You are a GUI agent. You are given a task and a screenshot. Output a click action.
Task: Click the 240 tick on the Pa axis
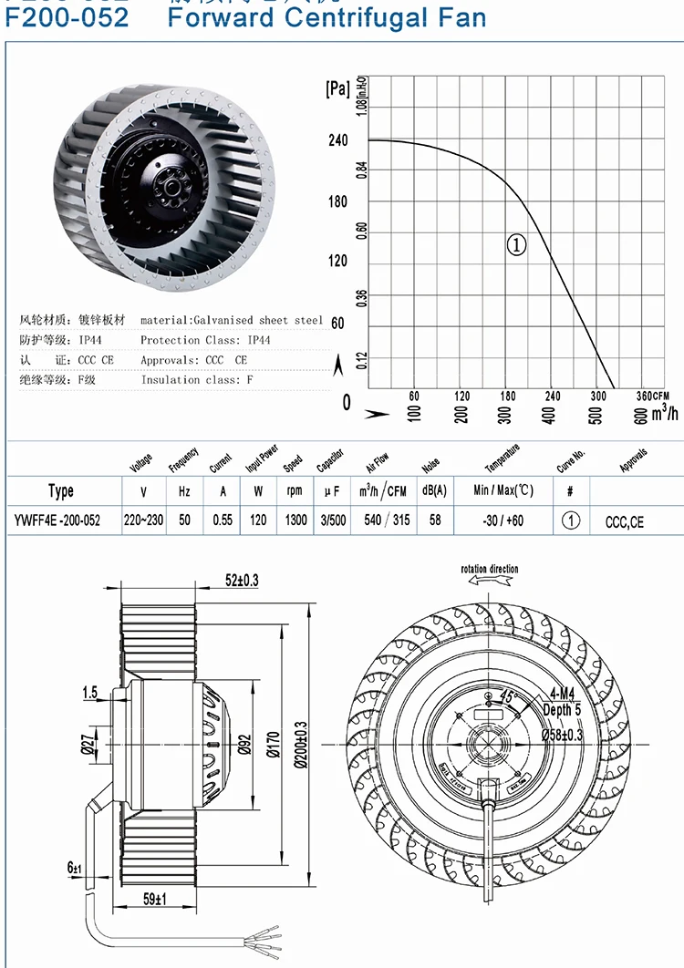(337, 141)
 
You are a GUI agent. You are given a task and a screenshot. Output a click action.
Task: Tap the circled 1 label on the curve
(516, 244)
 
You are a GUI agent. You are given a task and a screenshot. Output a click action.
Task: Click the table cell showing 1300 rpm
(295, 521)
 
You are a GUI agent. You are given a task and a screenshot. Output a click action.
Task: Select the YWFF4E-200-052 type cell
(60, 521)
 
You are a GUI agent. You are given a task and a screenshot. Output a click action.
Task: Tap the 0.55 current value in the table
(222, 521)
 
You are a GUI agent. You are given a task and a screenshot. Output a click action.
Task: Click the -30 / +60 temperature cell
(503, 521)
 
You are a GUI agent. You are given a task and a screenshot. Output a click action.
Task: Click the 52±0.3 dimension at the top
(242, 581)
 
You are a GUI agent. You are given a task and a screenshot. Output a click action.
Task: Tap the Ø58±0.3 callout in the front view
(562, 735)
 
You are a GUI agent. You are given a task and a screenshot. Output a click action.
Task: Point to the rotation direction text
(490, 570)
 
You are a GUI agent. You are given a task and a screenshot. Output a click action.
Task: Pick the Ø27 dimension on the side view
(88, 747)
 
